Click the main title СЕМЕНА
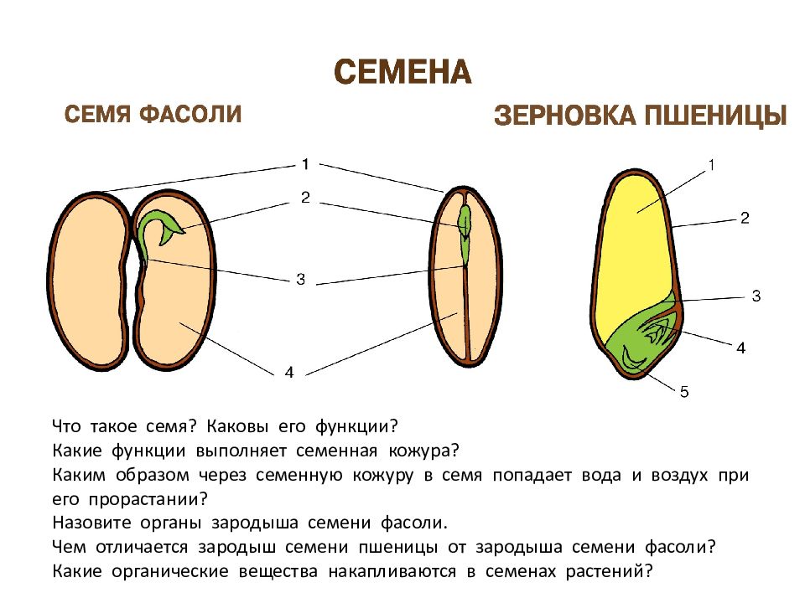pyautogui.click(x=402, y=72)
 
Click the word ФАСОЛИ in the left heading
pyautogui.click(x=190, y=114)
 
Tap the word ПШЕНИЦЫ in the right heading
pyautogui.click(x=715, y=116)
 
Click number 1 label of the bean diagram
pyautogui.click(x=305, y=164)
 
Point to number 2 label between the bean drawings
pyautogui.click(x=305, y=198)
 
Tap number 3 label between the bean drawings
pyautogui.click(x=301, y=280)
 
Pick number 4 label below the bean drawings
pyautogui.click(x=289, y=372)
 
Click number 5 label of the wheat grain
pyautogui.click(x=684, y=392)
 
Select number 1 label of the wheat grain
pyautogui.click(x=711, y=165)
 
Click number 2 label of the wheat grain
pyautogui.click(x=745, y=219)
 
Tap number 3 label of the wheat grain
pyautogui.click(x=756, y=296)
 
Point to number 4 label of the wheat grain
pyautogui.click(x=740, y=348)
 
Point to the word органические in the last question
pyautogui.click(x=170, y=571)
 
